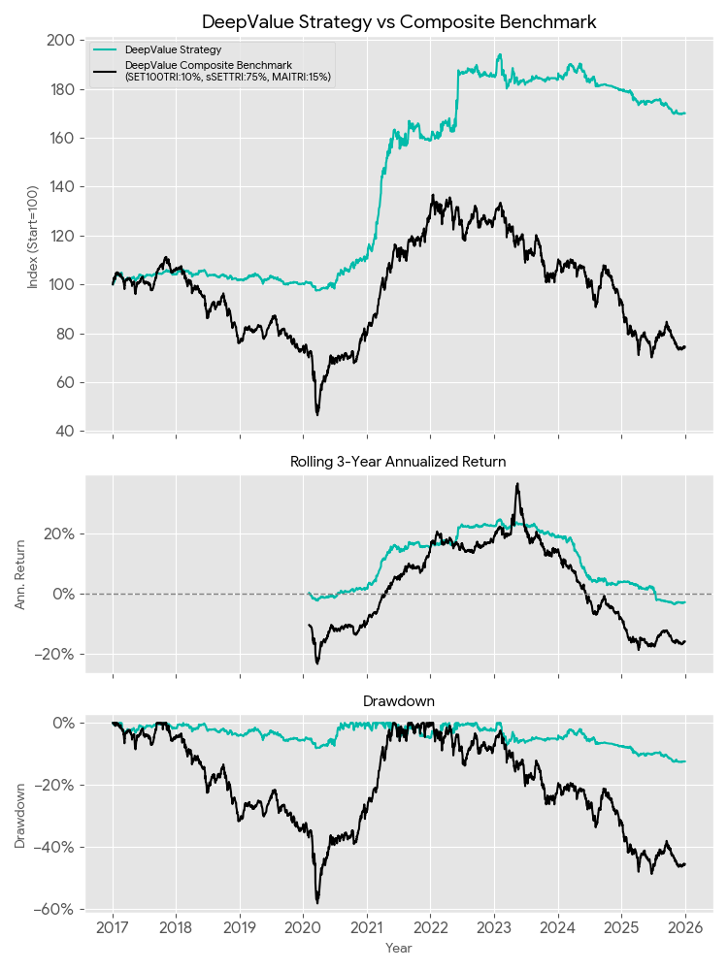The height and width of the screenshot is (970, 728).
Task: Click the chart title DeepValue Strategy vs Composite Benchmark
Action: click(399, 21)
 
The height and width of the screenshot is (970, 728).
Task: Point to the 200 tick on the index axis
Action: click(63, 40)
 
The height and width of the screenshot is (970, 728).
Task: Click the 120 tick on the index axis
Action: click(63, 236)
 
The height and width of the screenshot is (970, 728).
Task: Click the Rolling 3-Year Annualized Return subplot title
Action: click(399, 462)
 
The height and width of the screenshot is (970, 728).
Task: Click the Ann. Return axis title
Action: click(21, 574)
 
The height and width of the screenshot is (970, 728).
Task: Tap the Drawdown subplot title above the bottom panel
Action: click(399, 700)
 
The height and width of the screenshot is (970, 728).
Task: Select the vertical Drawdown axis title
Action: click(21, 817)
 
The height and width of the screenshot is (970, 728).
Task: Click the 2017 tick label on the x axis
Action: click(113, 928)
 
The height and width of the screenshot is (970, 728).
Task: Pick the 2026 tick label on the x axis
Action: click(685, 928)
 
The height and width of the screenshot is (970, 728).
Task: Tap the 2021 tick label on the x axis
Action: click(367, 928)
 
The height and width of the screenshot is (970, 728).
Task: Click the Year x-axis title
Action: click(399, 948)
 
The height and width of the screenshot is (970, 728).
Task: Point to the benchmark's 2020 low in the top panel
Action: click(316, 414)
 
